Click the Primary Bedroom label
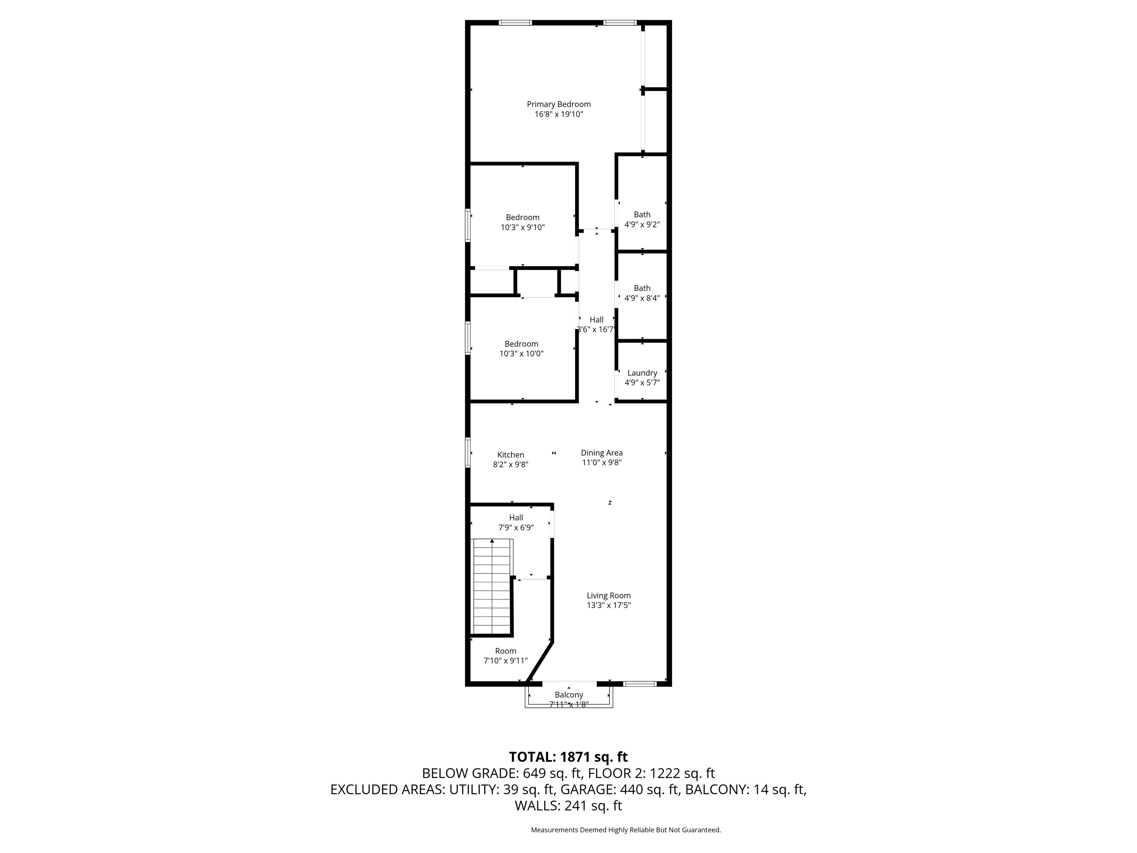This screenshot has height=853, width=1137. [559, 104]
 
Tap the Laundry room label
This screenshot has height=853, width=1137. [642, 373]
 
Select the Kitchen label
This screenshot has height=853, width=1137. [510, 455]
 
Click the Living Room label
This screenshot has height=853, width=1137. [608, 595]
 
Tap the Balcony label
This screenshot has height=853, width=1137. [568, 695]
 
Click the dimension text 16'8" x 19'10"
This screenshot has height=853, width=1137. [559, 114]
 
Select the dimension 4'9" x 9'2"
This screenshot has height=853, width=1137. [642, 224]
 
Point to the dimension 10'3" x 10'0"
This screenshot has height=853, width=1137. [521, 354]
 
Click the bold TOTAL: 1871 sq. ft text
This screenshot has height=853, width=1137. [568, 757]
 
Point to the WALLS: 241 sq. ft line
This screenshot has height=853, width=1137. [568, 806]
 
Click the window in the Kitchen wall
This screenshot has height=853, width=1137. [468, 452]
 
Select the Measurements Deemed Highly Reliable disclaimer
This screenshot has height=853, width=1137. [625, 830]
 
